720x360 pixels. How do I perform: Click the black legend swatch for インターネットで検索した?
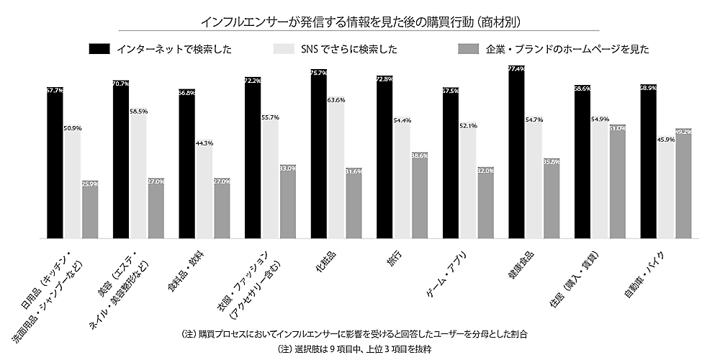100,50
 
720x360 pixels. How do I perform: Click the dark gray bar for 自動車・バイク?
683,183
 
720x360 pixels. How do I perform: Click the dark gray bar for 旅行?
419,195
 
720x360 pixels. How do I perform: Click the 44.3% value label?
204,143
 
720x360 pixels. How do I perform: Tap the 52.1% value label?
468,126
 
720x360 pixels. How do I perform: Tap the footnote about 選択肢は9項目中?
360,348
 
